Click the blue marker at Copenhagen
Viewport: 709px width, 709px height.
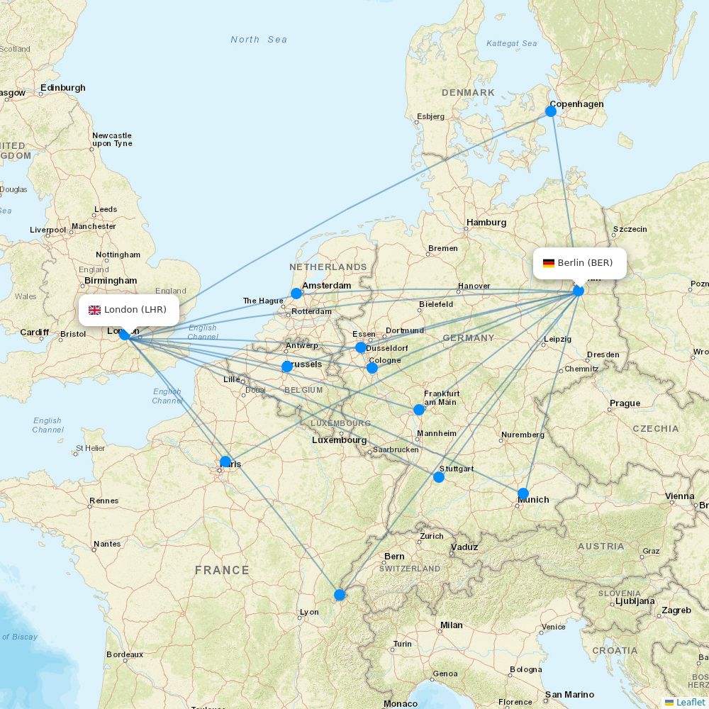(x=551, y=111)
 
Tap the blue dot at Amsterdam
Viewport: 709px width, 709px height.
(x=296, y=293)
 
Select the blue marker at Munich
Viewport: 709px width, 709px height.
(x=523, y=493)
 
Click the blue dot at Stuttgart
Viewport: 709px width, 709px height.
(x=439, y=477)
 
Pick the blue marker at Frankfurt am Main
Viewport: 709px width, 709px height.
(x=419, y=410)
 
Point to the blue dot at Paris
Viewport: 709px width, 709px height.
(x=225, y=462)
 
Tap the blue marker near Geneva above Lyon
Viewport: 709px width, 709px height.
(x=340, y=594)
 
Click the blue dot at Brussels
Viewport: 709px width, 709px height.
(x=286, y=367)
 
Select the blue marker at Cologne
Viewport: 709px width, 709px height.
(x=372, y=368)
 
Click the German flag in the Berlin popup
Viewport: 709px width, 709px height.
(x=549, y=263)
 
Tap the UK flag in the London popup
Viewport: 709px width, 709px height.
(x=94, y=310)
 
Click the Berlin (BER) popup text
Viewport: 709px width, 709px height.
(x=585, y=263)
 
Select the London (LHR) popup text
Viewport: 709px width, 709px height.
(x=135, y=310)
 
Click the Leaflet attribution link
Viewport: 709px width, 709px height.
(x=690, y=702)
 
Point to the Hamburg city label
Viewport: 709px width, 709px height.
(x=486, y=223)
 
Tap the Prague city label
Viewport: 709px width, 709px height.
(x=625, y=403)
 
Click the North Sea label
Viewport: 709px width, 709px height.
(x=259, y=40)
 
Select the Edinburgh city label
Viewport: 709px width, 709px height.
(x=62, y=88)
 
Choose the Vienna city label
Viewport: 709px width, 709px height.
(x=679, y=496)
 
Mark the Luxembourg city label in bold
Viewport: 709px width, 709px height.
(x=339, y=440)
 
